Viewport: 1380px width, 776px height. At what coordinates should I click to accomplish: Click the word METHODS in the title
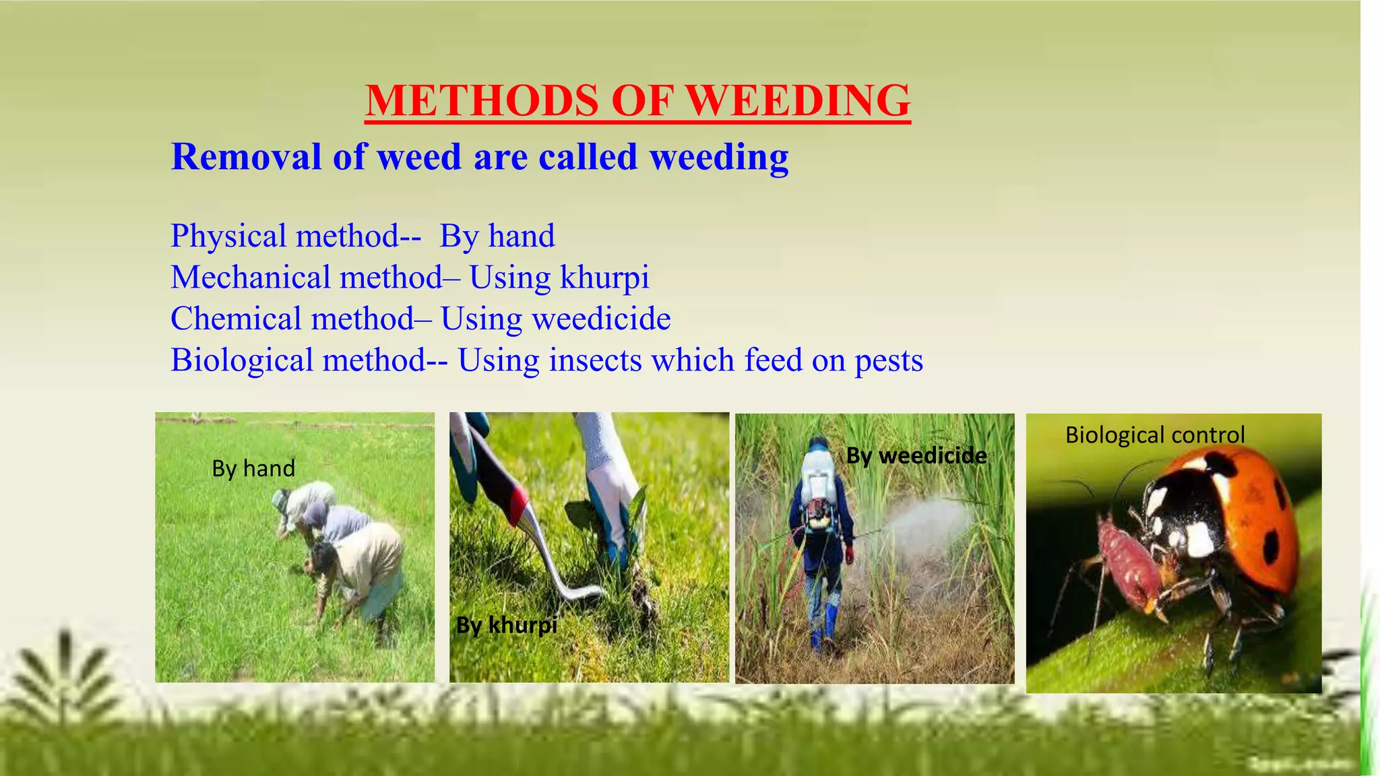coord(482,101)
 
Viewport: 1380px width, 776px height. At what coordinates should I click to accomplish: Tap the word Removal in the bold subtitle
coord(246,157)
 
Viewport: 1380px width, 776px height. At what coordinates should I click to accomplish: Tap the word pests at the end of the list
coord(889,360)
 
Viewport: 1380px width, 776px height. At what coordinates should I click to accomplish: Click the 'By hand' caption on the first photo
coord(253,468)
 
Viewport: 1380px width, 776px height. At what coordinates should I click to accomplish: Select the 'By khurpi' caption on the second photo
coord(507,625)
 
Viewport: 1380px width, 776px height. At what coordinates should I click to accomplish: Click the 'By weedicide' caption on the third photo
coord(916,456)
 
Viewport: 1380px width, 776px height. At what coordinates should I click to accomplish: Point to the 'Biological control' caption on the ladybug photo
coord(1154,435)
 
